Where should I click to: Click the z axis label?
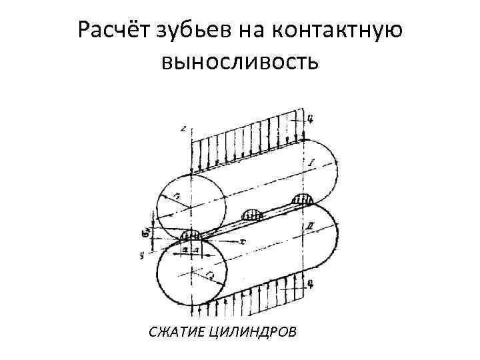point(183,127)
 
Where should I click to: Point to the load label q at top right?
point(311,119)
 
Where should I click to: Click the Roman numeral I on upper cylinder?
point(311,163)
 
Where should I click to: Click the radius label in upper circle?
point(176,195)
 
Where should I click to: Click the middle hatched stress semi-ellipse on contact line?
point(254,215)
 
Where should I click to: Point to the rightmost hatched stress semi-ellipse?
point(303,198)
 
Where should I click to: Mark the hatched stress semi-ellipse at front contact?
point(191,235)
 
